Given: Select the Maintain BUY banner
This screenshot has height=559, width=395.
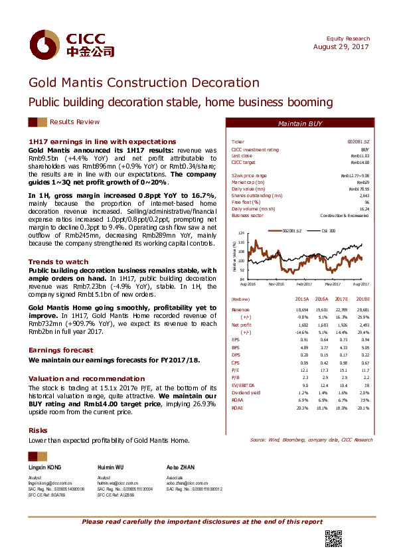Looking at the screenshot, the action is [x=300, y=124].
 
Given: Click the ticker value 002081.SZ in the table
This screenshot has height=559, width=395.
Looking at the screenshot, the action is [x=358, y=142].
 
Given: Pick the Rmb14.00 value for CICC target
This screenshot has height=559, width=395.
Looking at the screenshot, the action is [x=359, y=162].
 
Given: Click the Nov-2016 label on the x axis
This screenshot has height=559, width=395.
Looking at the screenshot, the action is [x=277, y=283].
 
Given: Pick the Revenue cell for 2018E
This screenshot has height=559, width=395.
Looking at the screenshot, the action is [x=361, y=310].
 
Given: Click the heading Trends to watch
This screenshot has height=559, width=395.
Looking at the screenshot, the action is [x=58, y=262].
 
